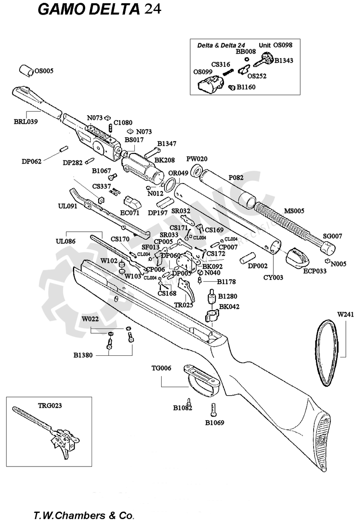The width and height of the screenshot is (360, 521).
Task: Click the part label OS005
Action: click(x=44, y=71)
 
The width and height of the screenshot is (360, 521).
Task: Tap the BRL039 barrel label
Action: click(x=26, y=121)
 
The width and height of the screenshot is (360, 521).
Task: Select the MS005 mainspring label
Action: click(x=294, y=211)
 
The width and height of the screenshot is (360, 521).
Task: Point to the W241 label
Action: click(x=346, y=314)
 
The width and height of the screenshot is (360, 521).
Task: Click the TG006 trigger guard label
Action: click(x=161, y=368)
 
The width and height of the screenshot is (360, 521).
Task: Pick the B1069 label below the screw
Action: click(x=215, y=423)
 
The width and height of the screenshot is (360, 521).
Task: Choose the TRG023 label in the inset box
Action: click(x=50, y=405)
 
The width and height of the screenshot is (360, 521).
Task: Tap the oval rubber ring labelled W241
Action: click(x=326, y=352)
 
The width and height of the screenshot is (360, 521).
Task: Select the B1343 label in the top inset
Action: click(x=283, y=61)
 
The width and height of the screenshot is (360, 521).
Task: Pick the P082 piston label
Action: click(x=236, y=177)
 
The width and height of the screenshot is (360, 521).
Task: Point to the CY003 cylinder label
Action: click(x=273, y=277)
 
